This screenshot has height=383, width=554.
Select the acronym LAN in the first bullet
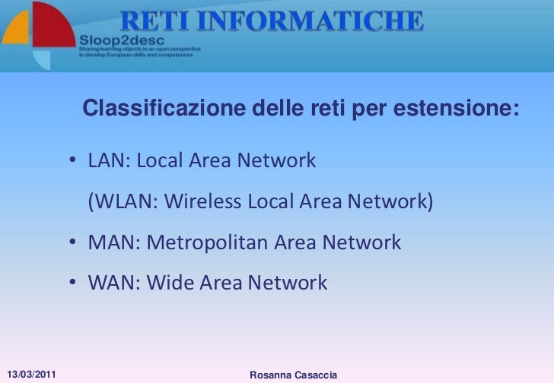click(104, 161)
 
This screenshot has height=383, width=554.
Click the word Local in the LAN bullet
click(161, 161)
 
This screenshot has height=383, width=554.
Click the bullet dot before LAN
click(71, 162)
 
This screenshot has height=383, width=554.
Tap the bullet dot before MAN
click(71, 243)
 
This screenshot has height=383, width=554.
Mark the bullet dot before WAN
click(71, 284)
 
